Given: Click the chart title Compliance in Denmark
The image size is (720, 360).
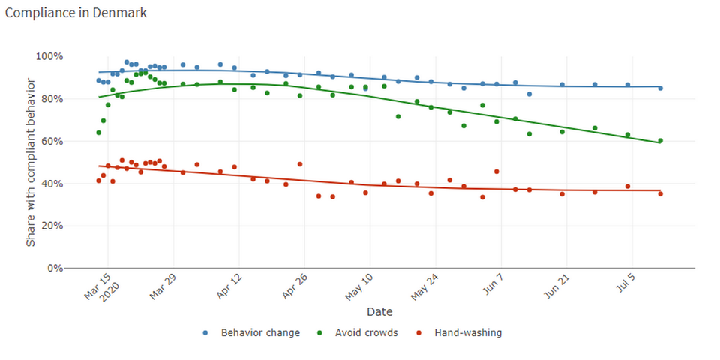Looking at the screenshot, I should click(x=76, y=13).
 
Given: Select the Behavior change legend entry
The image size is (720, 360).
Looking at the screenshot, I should click(x=260, y=332).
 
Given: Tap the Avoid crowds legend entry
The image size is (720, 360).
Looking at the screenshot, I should click(x=366, y=332).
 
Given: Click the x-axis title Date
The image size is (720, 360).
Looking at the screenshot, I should click(x=379, y=311).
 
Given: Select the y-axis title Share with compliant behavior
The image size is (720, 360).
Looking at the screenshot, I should click(x=31, y=163).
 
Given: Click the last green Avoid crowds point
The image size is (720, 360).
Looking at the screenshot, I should click(x=660, y=141).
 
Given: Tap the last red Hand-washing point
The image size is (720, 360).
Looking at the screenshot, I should click(x=660, y=194).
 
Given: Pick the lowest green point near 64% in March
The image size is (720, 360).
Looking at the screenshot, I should click(x=98, y=133).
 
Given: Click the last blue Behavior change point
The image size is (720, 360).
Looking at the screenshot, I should click(x=660, y=88).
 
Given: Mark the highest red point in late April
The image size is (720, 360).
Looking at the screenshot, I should click(x=300, y=164).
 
